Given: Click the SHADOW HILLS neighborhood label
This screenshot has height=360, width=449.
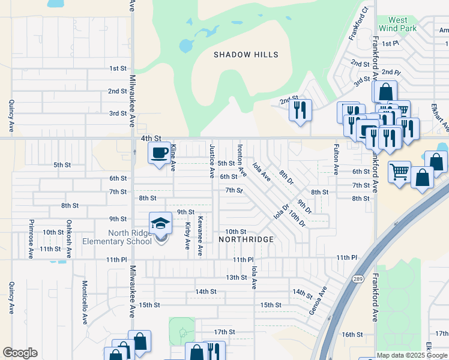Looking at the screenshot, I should pos(246,55).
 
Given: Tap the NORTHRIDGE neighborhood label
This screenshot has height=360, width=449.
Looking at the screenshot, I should pos(246,239).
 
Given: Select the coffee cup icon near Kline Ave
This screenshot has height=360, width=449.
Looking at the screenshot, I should pos(159,153).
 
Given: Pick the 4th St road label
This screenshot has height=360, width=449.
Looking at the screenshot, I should pos(151,138).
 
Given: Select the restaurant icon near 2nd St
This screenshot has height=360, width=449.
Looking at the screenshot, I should pos(300,110).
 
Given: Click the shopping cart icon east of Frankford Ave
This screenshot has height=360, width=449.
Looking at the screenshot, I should pos(399,172).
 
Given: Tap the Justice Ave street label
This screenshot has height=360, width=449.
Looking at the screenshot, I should pos(212,161).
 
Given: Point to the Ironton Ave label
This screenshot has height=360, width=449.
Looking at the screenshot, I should pos(242,160).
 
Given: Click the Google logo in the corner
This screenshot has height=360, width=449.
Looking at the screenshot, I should pos(20,353).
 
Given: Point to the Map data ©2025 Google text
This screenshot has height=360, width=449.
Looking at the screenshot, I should pos(412,355).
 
